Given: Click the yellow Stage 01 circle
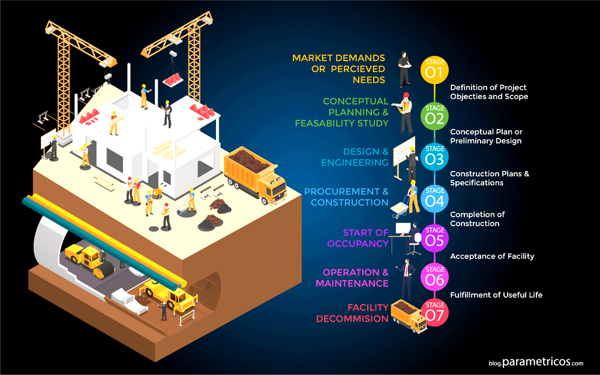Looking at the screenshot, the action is click(434, 70).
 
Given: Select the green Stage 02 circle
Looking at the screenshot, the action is click(434, 116).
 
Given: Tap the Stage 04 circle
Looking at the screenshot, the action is click(434, 199).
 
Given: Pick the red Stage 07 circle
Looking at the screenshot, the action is click(435, 313).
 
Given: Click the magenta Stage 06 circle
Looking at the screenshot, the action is click(434, 277).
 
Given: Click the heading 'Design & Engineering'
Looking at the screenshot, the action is click(355, 157).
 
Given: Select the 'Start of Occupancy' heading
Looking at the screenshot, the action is click(358, 238).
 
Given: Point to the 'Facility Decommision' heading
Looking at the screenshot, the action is click(352, 313).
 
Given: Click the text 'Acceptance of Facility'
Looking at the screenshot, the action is click(492, 256).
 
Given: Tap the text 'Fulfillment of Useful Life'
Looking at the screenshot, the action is click(496, 295).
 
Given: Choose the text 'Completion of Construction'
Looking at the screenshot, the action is click(477, 219).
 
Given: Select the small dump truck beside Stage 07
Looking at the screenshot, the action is click(409, 316).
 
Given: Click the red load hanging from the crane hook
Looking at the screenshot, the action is click(173, 80).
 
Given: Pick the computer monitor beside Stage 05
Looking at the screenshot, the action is click(403, 229).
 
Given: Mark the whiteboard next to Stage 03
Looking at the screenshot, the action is click(404, 152).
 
